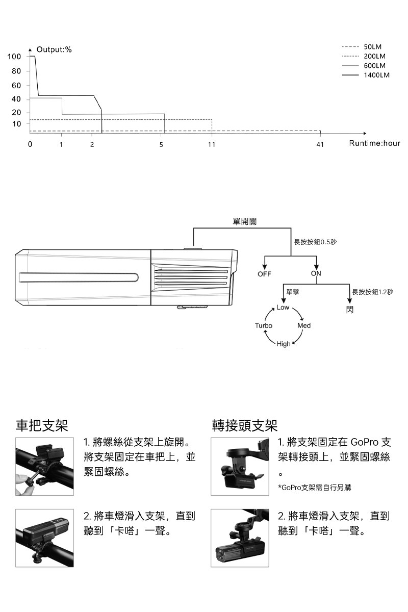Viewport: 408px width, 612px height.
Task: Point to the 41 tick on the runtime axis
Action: point(320,145)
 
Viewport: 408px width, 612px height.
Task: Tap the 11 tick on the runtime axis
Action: point(212,145)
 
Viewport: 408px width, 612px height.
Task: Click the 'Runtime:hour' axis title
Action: point(374,144)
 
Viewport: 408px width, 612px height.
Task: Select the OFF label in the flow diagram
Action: point(264,274)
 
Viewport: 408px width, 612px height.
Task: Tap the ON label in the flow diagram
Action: point(316,274)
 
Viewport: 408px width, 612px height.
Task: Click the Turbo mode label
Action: point(264,325)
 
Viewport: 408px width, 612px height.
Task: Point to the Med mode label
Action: point(304,325)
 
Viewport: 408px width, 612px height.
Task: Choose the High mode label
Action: point(284,344)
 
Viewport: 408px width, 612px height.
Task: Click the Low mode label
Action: point(283,308)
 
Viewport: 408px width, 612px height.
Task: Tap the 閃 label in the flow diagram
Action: point(349,310)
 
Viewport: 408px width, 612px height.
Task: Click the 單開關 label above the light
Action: point(244,221)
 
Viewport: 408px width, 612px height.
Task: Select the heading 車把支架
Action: point(42,425)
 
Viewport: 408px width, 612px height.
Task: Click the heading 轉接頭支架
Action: point(245,425)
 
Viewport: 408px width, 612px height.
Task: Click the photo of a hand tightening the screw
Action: point(44,466)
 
